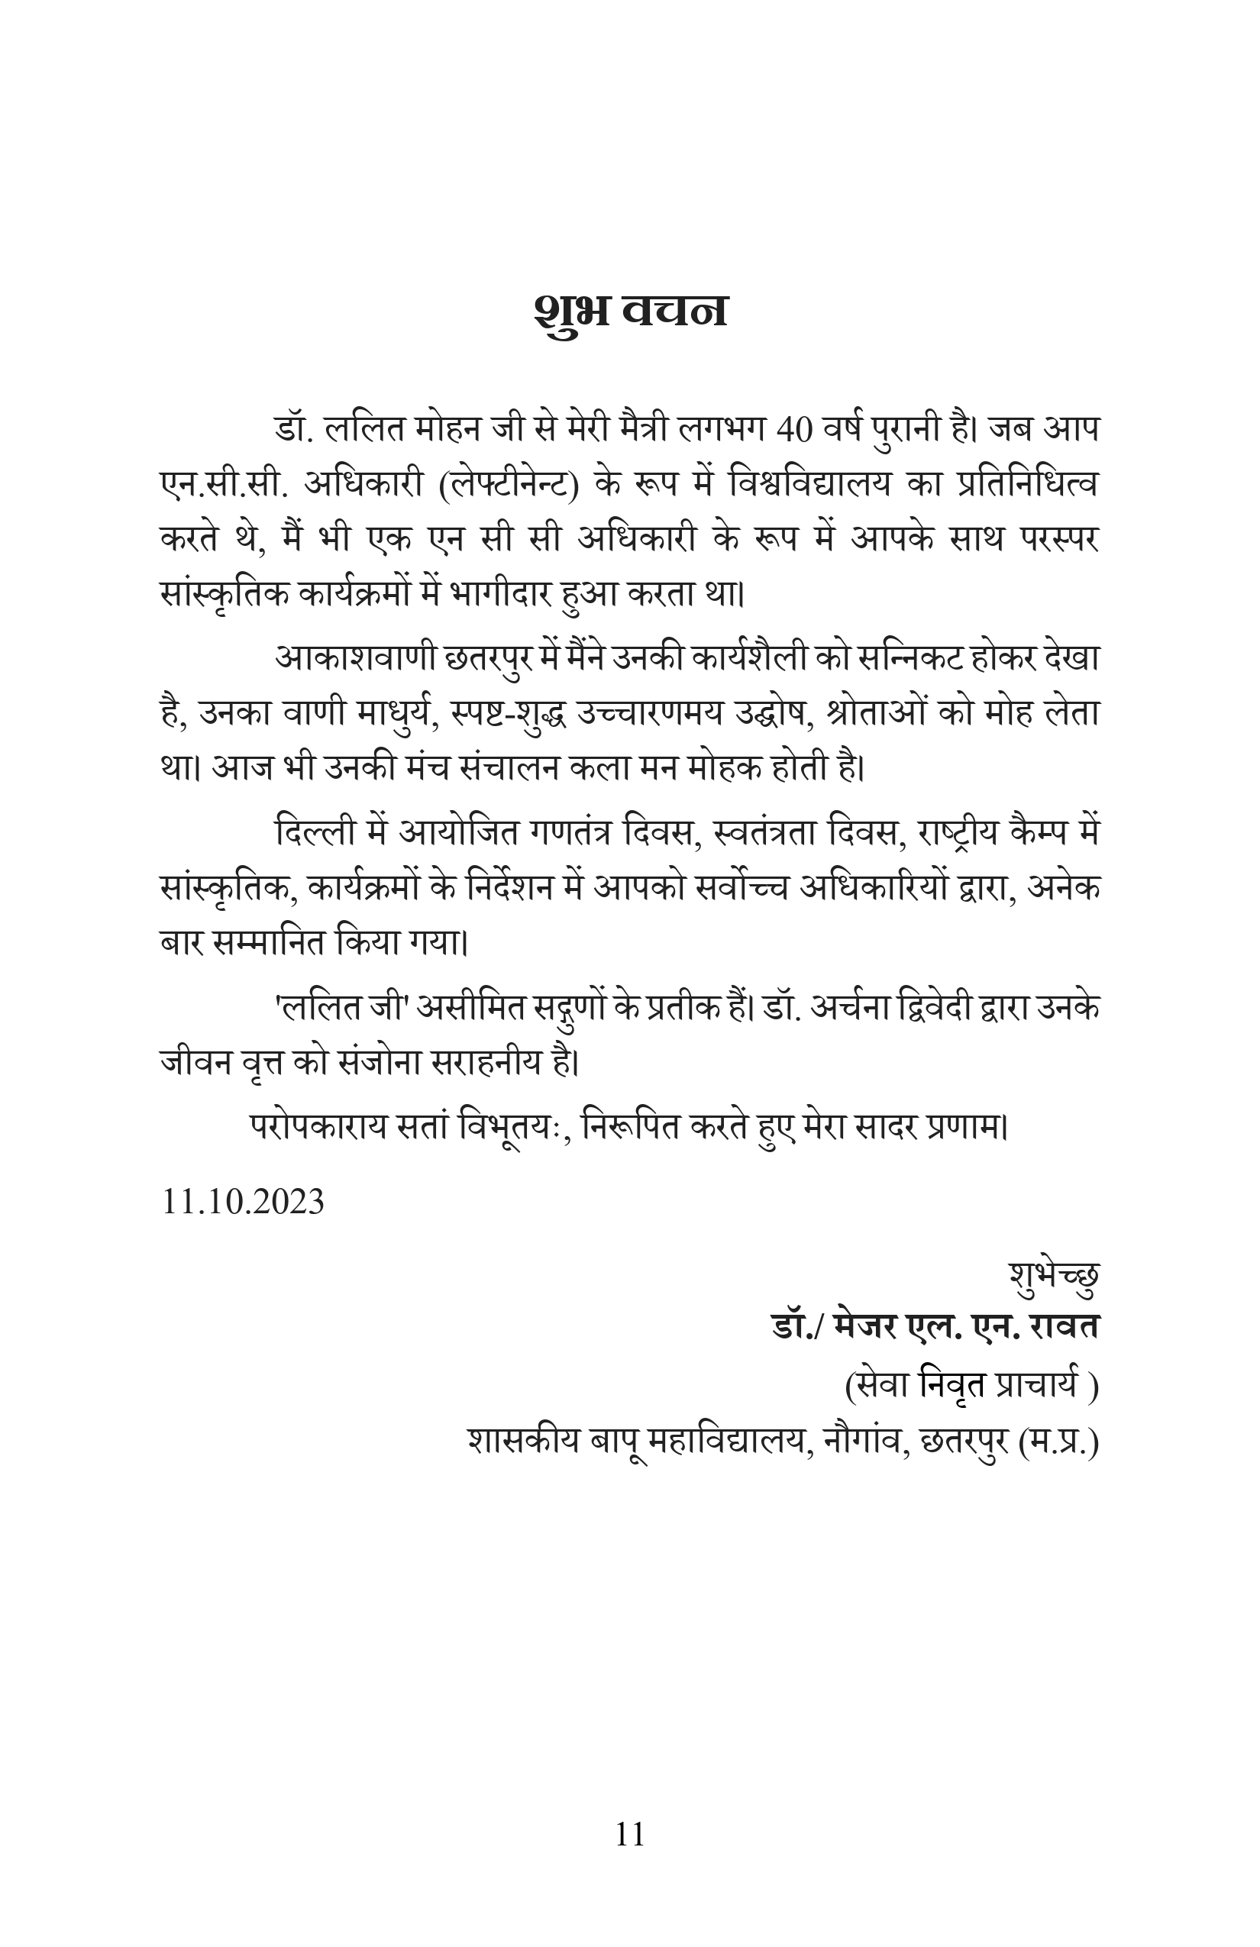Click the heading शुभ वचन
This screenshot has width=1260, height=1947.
click(x=630, y=312)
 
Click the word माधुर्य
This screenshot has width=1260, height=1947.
click(x=399, y=714)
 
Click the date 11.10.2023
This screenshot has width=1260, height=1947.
click(x=243, y=1203)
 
